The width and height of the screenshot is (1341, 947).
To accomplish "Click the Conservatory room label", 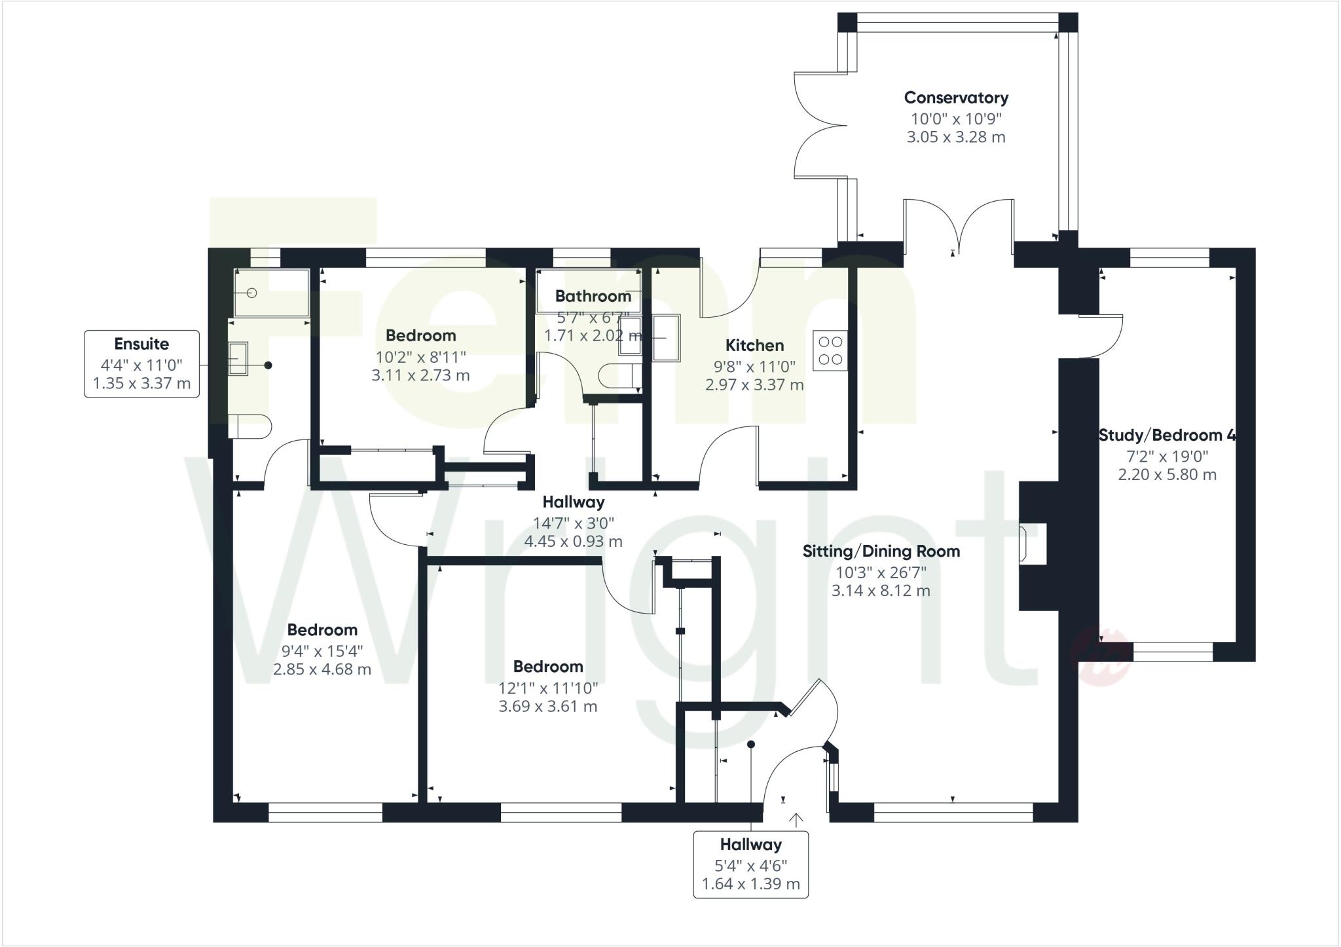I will [x=956, y=98].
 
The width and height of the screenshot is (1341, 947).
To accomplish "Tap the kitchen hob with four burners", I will [x=830, y=350].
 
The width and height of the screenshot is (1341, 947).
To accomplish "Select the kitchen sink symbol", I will [x=667, y=338].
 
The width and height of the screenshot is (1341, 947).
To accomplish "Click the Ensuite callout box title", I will [x=141, y=344].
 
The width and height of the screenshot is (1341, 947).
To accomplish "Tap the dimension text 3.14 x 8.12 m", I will [x=881, y=591].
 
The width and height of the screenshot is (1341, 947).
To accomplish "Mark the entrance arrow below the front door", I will [x=797, y=819].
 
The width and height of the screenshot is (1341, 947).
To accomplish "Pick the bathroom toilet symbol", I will [x=617, y=376].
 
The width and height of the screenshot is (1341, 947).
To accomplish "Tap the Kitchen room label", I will [x=754, y=346].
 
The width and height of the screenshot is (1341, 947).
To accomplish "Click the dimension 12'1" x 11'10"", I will [x=548, y=688].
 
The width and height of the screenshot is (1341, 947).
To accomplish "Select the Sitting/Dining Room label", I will [x=881, y=551].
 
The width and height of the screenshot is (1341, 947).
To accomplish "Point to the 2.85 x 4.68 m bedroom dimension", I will [x=322, y=669].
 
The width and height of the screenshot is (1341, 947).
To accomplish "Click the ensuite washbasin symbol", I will [x=238, y=359].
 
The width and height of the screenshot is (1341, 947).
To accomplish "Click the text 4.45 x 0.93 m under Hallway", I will [x=573, y=542].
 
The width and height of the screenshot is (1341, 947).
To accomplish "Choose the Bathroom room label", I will [x=593, y=296].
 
